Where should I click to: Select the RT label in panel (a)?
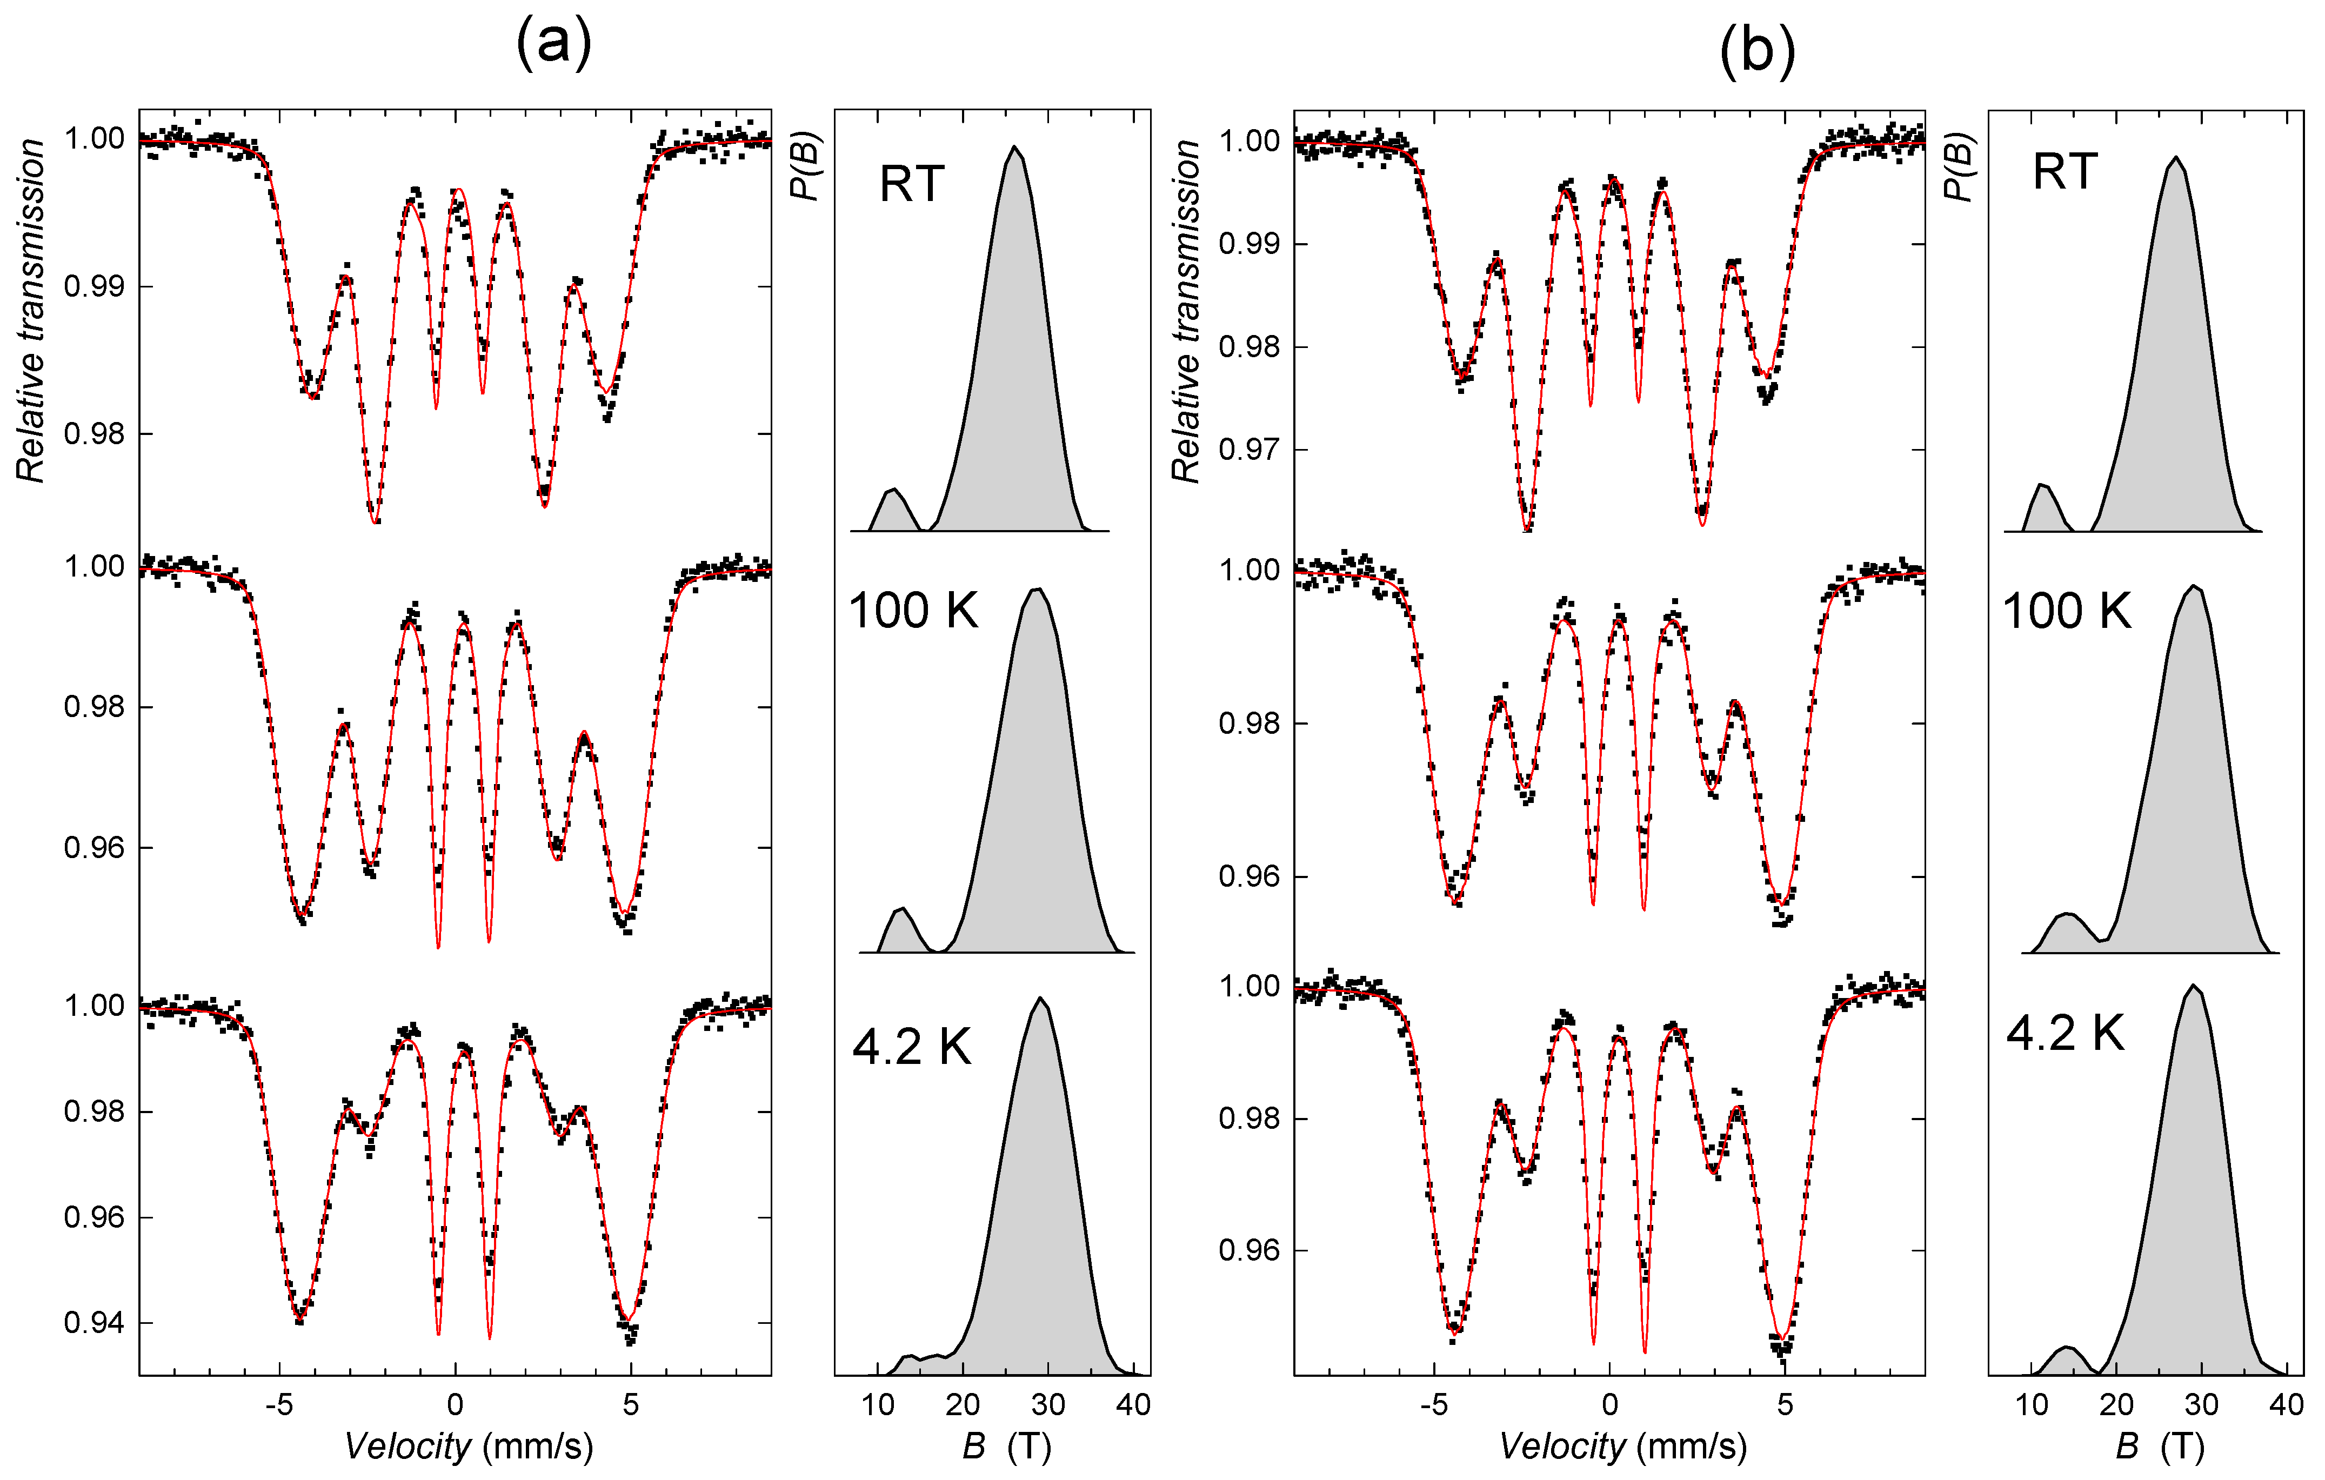911,183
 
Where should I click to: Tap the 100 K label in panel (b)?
2066,611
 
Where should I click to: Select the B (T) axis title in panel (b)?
2160,1446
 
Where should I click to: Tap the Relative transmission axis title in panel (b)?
1186,311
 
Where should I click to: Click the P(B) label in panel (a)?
804,166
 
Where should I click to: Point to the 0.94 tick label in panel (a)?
93,1323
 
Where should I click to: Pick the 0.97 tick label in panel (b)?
1248,450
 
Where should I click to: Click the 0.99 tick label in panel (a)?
93,287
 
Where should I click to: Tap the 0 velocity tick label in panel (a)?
455,1405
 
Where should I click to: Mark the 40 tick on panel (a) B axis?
1133,1405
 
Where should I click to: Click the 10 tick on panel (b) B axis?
2032,1405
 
